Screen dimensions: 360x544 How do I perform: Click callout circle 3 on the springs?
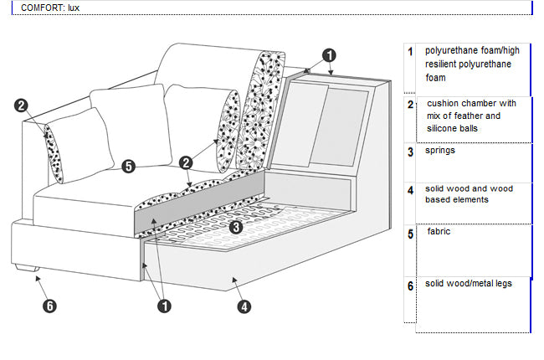(x=236, y=226)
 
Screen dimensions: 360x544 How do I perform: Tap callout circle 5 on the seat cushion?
(x=128, y=166)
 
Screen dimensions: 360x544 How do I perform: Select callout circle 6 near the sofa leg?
(x=50, y=306)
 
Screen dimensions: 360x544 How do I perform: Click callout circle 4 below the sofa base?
(x=244, y=306)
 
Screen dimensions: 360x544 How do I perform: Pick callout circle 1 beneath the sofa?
(x=164, y=306)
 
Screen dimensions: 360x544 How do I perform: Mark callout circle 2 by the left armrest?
(x=22, y=106)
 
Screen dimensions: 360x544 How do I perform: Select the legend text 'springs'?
(x=440, y=152)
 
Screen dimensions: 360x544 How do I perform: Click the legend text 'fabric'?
(x=439, y=231)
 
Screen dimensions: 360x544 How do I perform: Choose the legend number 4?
(x=410, y=191)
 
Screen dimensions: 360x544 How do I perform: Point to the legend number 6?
(x=410, y=286)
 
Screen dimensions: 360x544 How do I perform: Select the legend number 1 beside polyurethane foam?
(x=410, y=51)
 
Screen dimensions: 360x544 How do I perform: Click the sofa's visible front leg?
(x=26, y=270)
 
